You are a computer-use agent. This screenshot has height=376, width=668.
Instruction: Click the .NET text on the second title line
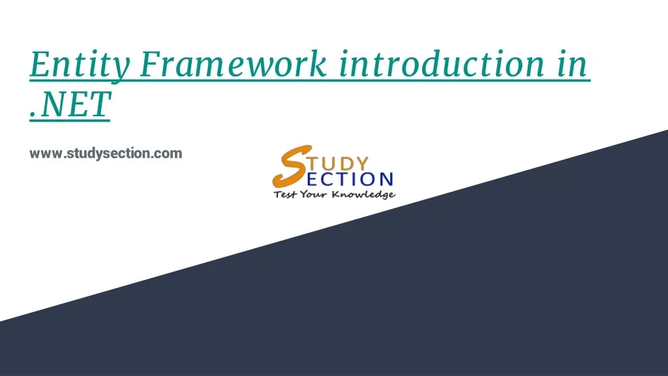point(70,105)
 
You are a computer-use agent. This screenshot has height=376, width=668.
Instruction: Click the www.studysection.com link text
point(106,154)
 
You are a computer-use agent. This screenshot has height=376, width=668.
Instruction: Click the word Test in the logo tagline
point(284,195)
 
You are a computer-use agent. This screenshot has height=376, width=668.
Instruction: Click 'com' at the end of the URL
point(170,154)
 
